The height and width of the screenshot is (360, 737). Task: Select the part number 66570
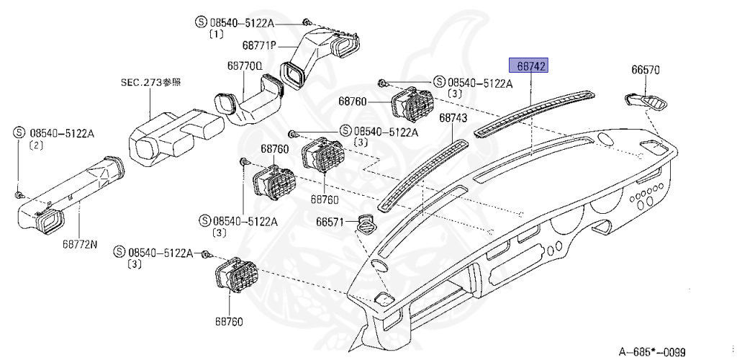(x=646, y=71)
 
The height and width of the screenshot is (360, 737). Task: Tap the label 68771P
(x=259, y=45)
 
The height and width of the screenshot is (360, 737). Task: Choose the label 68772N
(x=79, y=243)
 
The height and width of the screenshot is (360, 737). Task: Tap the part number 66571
(x=330, y=222)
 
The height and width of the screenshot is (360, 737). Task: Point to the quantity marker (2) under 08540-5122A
(x=34, y=145)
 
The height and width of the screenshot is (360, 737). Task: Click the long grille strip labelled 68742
(x=535, y=112)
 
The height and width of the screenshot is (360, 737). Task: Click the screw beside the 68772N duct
(x=19, y=194)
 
